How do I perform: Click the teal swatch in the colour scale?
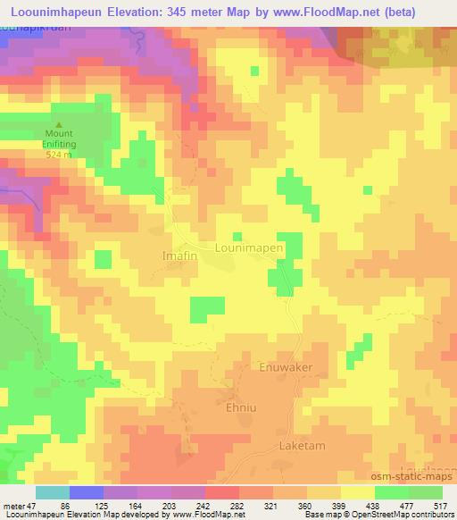pyautogui.click(x=53, y=492)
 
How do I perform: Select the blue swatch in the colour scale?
pyautogui.click(x=86, y=492)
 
